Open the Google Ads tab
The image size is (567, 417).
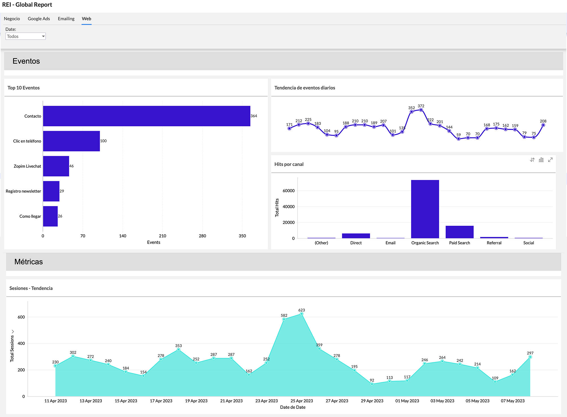coord(39,19)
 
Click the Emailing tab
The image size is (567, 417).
coord(66,19)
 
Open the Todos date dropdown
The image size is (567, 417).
coord(26,36)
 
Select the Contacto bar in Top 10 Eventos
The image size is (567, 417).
coord(147,116)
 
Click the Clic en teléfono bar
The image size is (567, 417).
coord(71,141)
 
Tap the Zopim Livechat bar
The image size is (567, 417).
coord(56,166)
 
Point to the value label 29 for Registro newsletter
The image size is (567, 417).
coord(62,191)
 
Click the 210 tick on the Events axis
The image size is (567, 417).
coord(162,236)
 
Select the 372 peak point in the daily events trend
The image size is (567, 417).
coord(421,110)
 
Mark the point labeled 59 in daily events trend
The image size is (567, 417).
coord(458,139)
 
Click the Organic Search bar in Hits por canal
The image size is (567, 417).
coord(425,209)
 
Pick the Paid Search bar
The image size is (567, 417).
coord(460,232)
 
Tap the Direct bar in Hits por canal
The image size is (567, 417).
coord(356,236)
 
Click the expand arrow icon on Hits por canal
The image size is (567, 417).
coord(550,160)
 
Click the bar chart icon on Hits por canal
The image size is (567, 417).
coord(541,160)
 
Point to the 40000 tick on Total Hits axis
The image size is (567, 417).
coord(289,207)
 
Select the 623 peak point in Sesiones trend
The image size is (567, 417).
coord(302,314)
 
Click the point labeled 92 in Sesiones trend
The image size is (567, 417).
coord(372,384)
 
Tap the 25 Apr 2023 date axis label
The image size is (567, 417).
coord(302,401)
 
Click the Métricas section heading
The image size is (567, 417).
coord(29,262)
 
